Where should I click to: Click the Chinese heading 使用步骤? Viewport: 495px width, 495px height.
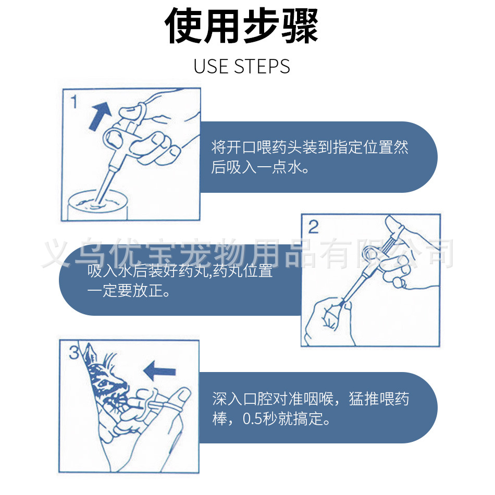241,26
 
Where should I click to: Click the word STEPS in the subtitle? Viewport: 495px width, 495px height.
262,66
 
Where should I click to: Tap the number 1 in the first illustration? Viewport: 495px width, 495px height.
74,102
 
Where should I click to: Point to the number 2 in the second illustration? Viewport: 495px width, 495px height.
313,227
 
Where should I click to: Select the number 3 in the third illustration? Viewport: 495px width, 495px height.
74,352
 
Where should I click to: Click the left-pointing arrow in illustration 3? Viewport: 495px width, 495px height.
159,370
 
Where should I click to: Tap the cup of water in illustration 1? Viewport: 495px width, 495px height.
98,205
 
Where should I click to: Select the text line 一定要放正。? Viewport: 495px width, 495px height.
128,290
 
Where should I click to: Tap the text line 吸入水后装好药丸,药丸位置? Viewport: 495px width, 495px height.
180,271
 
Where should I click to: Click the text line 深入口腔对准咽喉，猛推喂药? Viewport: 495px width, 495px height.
311,399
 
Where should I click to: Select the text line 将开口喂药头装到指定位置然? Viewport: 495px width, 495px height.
310,147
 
